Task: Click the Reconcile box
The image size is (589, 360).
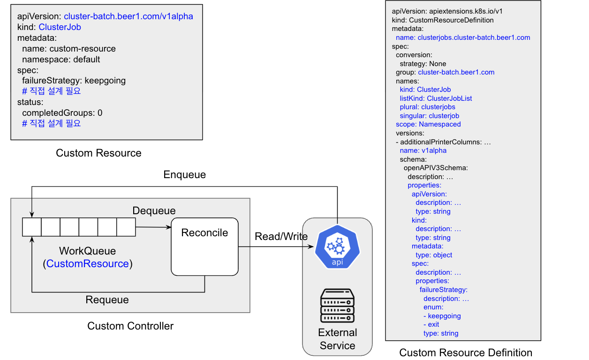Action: pyautogui.click(x=204, y=246)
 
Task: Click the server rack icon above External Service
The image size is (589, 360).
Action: pyautogui.click(x=338, y=305)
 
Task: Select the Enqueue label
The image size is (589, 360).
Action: pyautogui.click(x=184, y=175)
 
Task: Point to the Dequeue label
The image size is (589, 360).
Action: pyautogui.click(x=154, y=211)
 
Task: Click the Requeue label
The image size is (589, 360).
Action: pyautogui.click(x=107, y=300)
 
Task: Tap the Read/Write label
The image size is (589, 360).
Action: pyautogui.click(x=281, y=236)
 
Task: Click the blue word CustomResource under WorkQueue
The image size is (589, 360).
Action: pyautogui.click(x=88, y=264)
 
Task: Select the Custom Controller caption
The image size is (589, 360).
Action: pyautogui.click(x=130, y=326)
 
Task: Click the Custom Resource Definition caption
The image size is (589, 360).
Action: pyautogui.click(x=466, y=352)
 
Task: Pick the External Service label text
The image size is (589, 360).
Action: pyautogui.click(x=338, y=339)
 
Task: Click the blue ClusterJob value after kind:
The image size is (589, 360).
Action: pyautogui.click(x=60, y=27)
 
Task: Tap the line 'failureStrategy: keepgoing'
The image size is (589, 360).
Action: pyautogui.click(x=74, y=81)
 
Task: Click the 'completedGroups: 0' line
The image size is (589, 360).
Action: pyautogui.click(x=62, y=113)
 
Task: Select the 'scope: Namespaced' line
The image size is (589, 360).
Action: pyautogui.click(x=428, y=124)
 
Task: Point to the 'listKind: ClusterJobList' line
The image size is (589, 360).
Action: pyautogui.click(x=436, y=98)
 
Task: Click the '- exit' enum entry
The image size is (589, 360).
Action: pyautogui.click(x=431, y=325)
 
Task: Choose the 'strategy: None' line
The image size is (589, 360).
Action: pyautogui.click(x=423, y=64)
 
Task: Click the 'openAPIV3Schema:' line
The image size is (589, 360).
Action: pyautogui.click(x=436, y=168)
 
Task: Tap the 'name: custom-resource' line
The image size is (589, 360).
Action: pyautogui.click(x=68, y=49)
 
